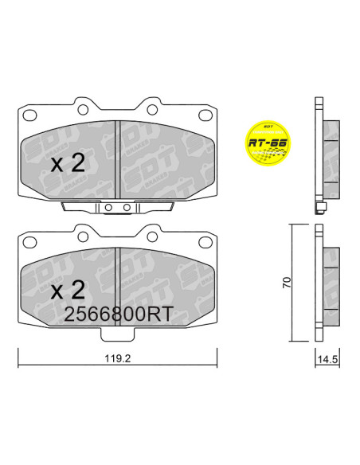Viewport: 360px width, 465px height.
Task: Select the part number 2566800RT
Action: (x=118, y=315)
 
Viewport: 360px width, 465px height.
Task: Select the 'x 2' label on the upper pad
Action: (x=68, y=164)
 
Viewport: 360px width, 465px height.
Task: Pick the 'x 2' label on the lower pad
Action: (x=68, y=288)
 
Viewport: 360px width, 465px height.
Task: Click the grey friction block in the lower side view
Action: (x=329, y=283)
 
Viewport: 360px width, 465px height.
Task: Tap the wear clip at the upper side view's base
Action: (x=320, y=210)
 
